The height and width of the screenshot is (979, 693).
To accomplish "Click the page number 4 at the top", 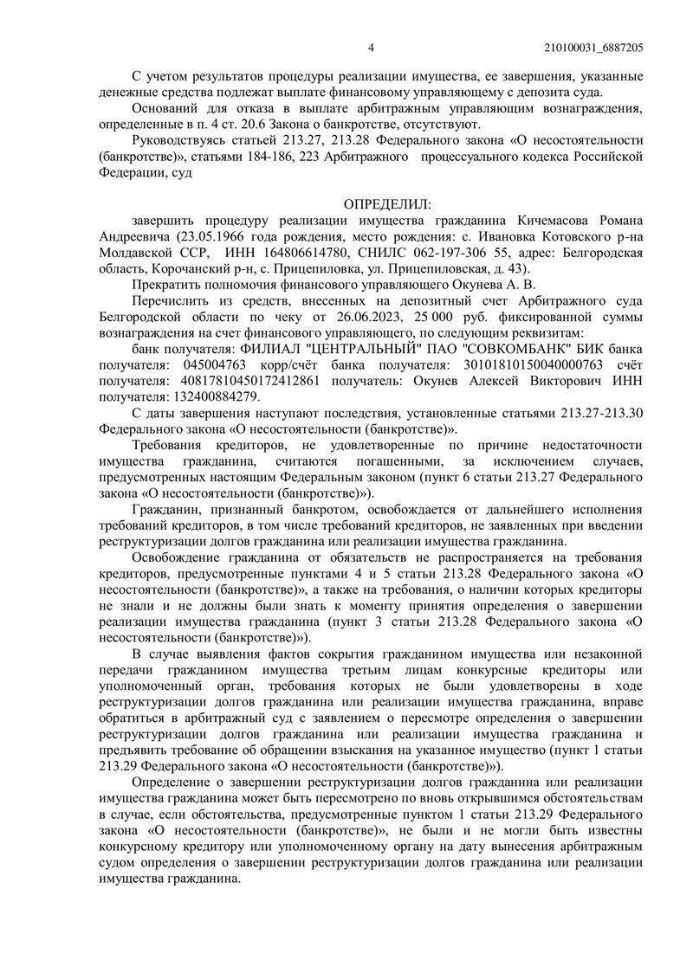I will click(x=370, y=48).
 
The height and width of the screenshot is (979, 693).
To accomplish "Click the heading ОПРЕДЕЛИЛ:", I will click(x=382, y=204).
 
